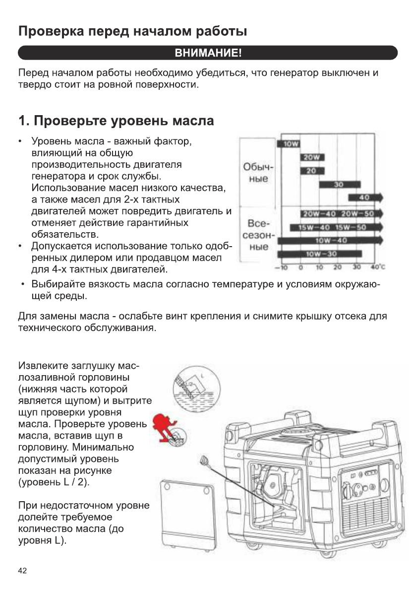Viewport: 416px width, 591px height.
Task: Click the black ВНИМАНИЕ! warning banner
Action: [208, 53]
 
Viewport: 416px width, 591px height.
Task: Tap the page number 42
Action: [22, 570]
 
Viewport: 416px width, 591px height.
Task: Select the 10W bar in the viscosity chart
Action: [289, 144]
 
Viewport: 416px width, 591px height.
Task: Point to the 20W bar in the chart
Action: [311, 158]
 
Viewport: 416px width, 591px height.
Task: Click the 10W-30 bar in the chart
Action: [319, 254]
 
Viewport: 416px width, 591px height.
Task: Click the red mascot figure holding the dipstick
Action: [166, 427]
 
